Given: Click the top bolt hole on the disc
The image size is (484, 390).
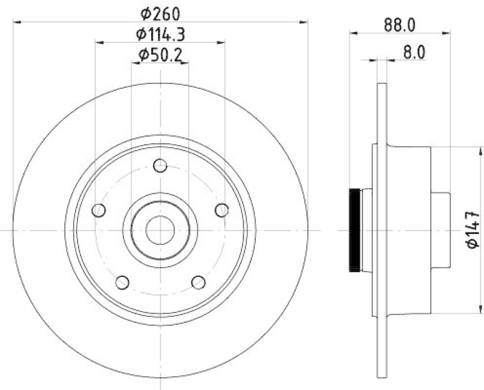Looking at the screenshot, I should (160, 165).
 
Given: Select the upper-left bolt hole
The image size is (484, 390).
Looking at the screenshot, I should (98, 210).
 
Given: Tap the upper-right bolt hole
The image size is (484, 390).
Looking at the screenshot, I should (222, 210).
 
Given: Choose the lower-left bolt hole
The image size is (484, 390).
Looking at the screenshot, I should (122, 282).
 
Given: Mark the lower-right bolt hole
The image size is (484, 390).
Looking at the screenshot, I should (198, 282).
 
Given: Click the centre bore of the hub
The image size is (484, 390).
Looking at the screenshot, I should (160, 230).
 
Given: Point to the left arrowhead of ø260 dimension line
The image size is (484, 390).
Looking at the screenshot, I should (16, 22).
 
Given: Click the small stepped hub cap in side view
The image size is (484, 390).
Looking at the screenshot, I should (440, 230).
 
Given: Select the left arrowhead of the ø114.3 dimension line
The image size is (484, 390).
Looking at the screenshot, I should (99, 43).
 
